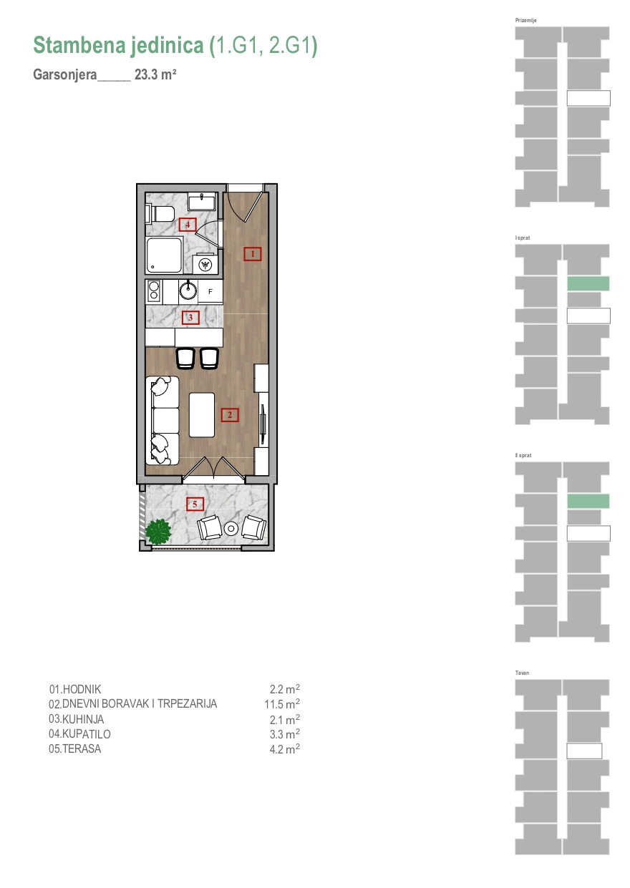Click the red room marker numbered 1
point(252,254)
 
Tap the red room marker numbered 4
point(188,225)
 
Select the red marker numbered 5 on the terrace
point(195,504)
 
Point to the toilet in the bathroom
point(160,214)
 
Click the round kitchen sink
point(188,291)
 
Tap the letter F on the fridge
point(210,292)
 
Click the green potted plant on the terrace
point(158,532)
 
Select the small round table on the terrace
point(231,528)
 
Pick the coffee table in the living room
point(202,415)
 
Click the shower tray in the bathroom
point(164,255)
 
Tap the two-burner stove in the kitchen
point(153,291)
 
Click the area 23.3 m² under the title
point(155,74)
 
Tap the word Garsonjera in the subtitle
point(65,75)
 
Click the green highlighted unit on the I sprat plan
point(588,284)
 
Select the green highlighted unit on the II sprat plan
point(588,501)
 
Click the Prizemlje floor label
point(525,20)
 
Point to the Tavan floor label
point(522,673)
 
